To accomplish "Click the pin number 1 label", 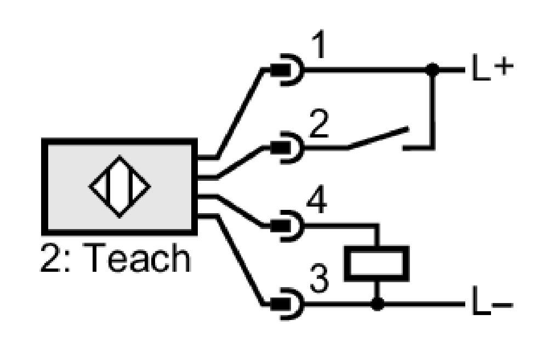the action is (319, 44).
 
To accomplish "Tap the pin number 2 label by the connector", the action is (319, 123).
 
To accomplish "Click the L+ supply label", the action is (493, 67).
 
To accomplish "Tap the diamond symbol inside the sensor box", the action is (119, 187).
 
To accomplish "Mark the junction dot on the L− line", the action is (377, 304).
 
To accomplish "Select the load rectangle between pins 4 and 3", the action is (377, 264).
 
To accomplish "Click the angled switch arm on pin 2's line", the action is (378, 139).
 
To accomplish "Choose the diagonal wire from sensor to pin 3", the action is (240, 260).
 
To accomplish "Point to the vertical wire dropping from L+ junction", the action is (433, 109).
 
